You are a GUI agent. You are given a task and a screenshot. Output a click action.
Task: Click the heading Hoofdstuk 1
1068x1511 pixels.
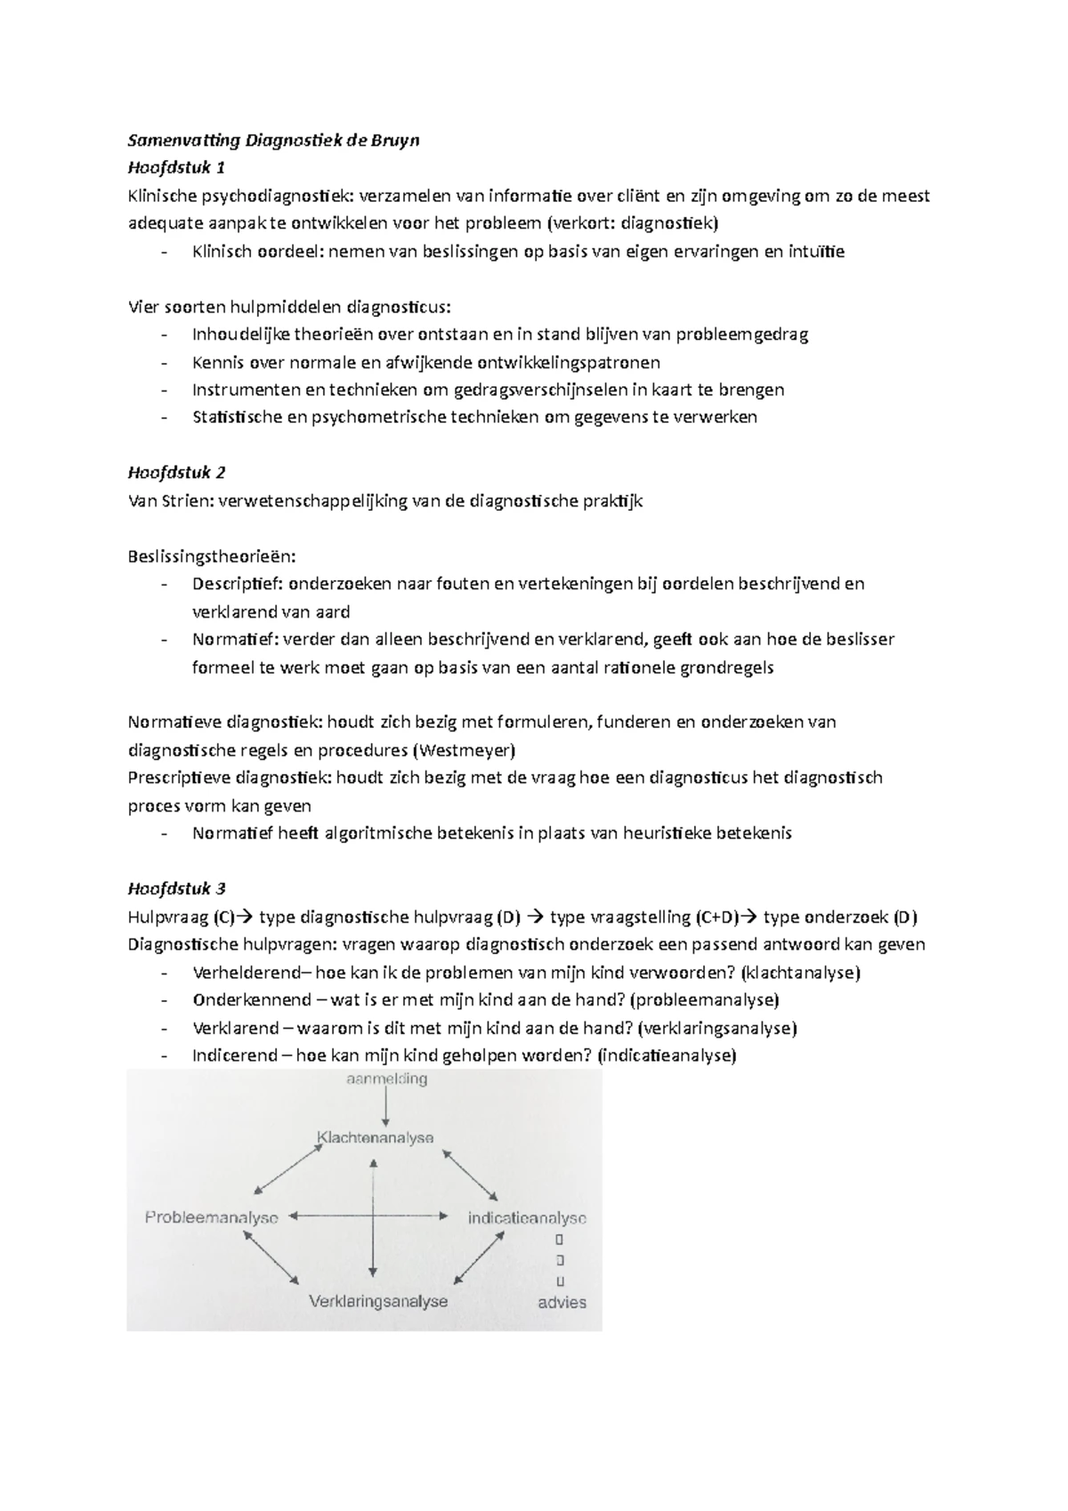click(x=176, y=167)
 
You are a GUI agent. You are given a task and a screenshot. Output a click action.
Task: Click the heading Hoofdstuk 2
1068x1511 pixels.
click(x=176, y=473)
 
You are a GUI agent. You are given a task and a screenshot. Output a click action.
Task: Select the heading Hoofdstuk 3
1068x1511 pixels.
click(x=176, y=888)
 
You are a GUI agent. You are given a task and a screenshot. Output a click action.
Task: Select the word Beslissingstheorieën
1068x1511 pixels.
click(x=211, y=556)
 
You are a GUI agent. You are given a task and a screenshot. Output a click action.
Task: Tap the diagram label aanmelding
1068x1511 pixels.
click(x=386, y=1079)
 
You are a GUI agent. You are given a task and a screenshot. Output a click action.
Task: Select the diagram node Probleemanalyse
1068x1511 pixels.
click(x=212, y=1217)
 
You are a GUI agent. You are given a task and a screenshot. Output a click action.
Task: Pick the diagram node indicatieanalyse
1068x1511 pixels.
click(x=527, y=1217)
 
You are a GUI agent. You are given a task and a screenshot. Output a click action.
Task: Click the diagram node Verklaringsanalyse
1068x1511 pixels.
click(x=377, y=1301)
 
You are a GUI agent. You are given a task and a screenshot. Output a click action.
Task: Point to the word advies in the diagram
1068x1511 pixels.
click(x=562, y=1302)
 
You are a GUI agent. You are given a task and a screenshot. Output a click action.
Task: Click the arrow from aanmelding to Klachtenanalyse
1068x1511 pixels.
click(x=384, y=1108)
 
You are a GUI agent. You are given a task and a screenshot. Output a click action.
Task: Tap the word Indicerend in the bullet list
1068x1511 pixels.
click(x=234, y=1055)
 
